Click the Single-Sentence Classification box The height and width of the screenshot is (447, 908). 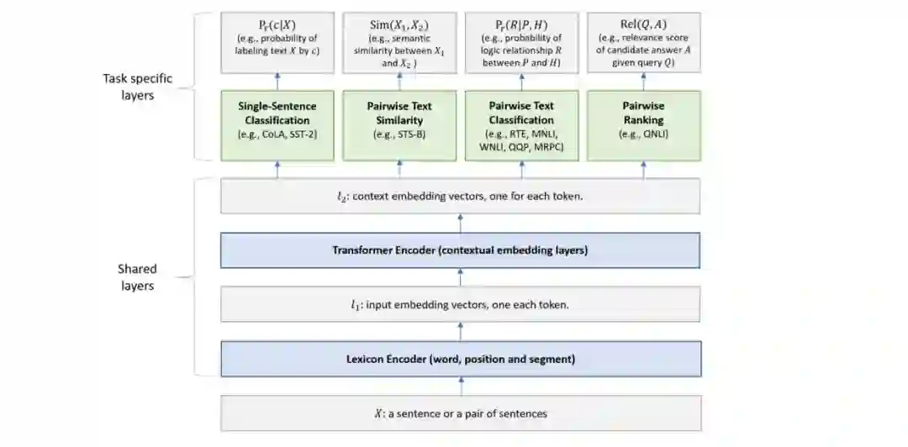[x=277, y=125]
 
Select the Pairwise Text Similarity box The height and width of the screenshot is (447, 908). [x=399, y=125]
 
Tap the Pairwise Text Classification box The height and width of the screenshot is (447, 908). [x=521, y=125]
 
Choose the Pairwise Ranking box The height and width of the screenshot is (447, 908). [x=643, y=125]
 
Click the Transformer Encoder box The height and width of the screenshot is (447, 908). [x=460, y=250]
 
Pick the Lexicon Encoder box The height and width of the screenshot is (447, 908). [x=460, y=359]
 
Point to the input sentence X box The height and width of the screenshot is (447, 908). [x=460, y=413]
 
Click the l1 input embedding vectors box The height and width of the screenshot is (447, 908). [x=460, y=304]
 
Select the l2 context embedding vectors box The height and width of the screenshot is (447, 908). [x=460, y=196]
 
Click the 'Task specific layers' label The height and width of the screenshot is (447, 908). [x=137, y=87]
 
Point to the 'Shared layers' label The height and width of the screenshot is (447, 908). [x=137, y=278]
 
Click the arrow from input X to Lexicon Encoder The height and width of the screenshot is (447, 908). [x=460, y=387]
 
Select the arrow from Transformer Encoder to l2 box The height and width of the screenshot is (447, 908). [x=460, y=223]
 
